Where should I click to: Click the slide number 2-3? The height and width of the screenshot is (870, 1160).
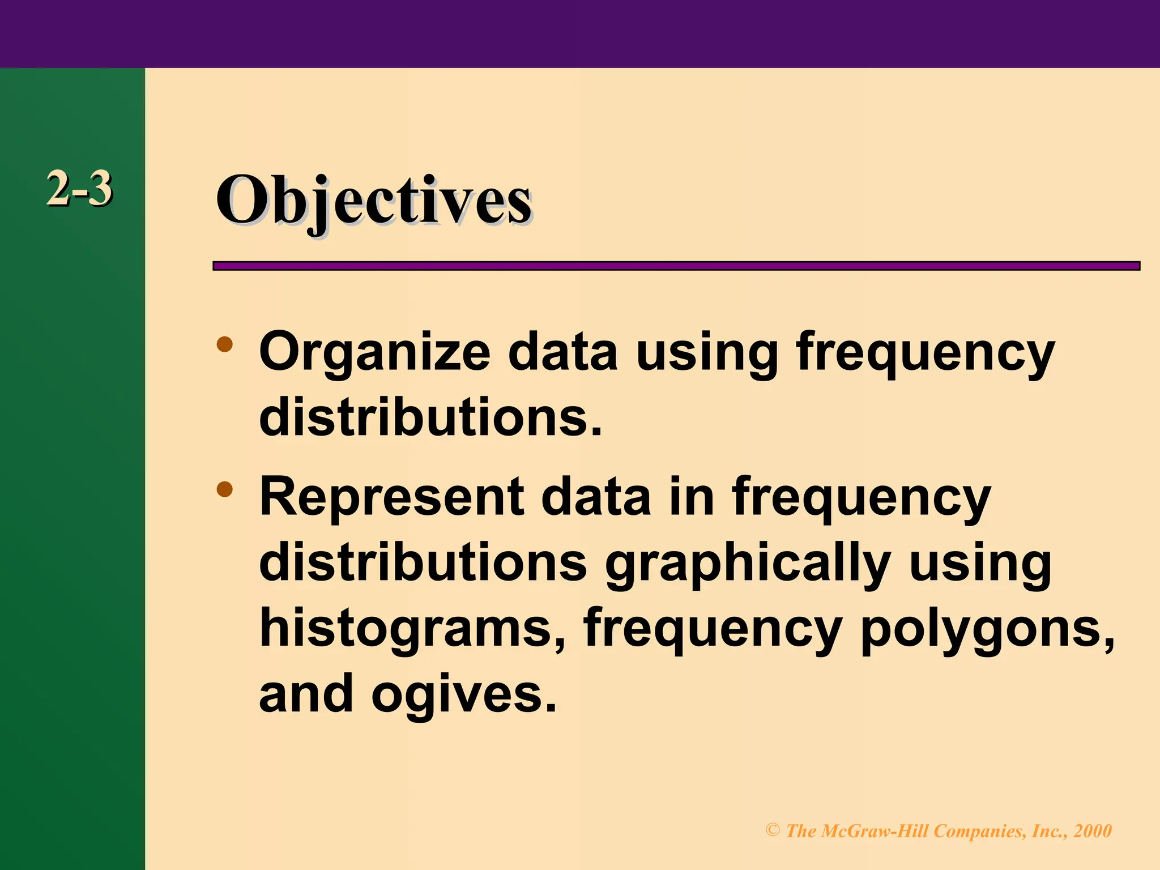79,189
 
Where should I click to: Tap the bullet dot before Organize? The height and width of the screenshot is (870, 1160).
225,344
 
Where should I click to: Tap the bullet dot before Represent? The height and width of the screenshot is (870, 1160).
225,489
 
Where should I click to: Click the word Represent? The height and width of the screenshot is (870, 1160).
391,497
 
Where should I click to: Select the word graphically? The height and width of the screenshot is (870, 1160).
748,564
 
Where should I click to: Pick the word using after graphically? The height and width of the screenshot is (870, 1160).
980,564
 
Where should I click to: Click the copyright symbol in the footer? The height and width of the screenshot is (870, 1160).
773,830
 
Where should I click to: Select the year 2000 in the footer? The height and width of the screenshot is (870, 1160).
1093,831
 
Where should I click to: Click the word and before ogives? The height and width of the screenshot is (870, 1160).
306,693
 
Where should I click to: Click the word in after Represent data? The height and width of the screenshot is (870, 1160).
692,497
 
